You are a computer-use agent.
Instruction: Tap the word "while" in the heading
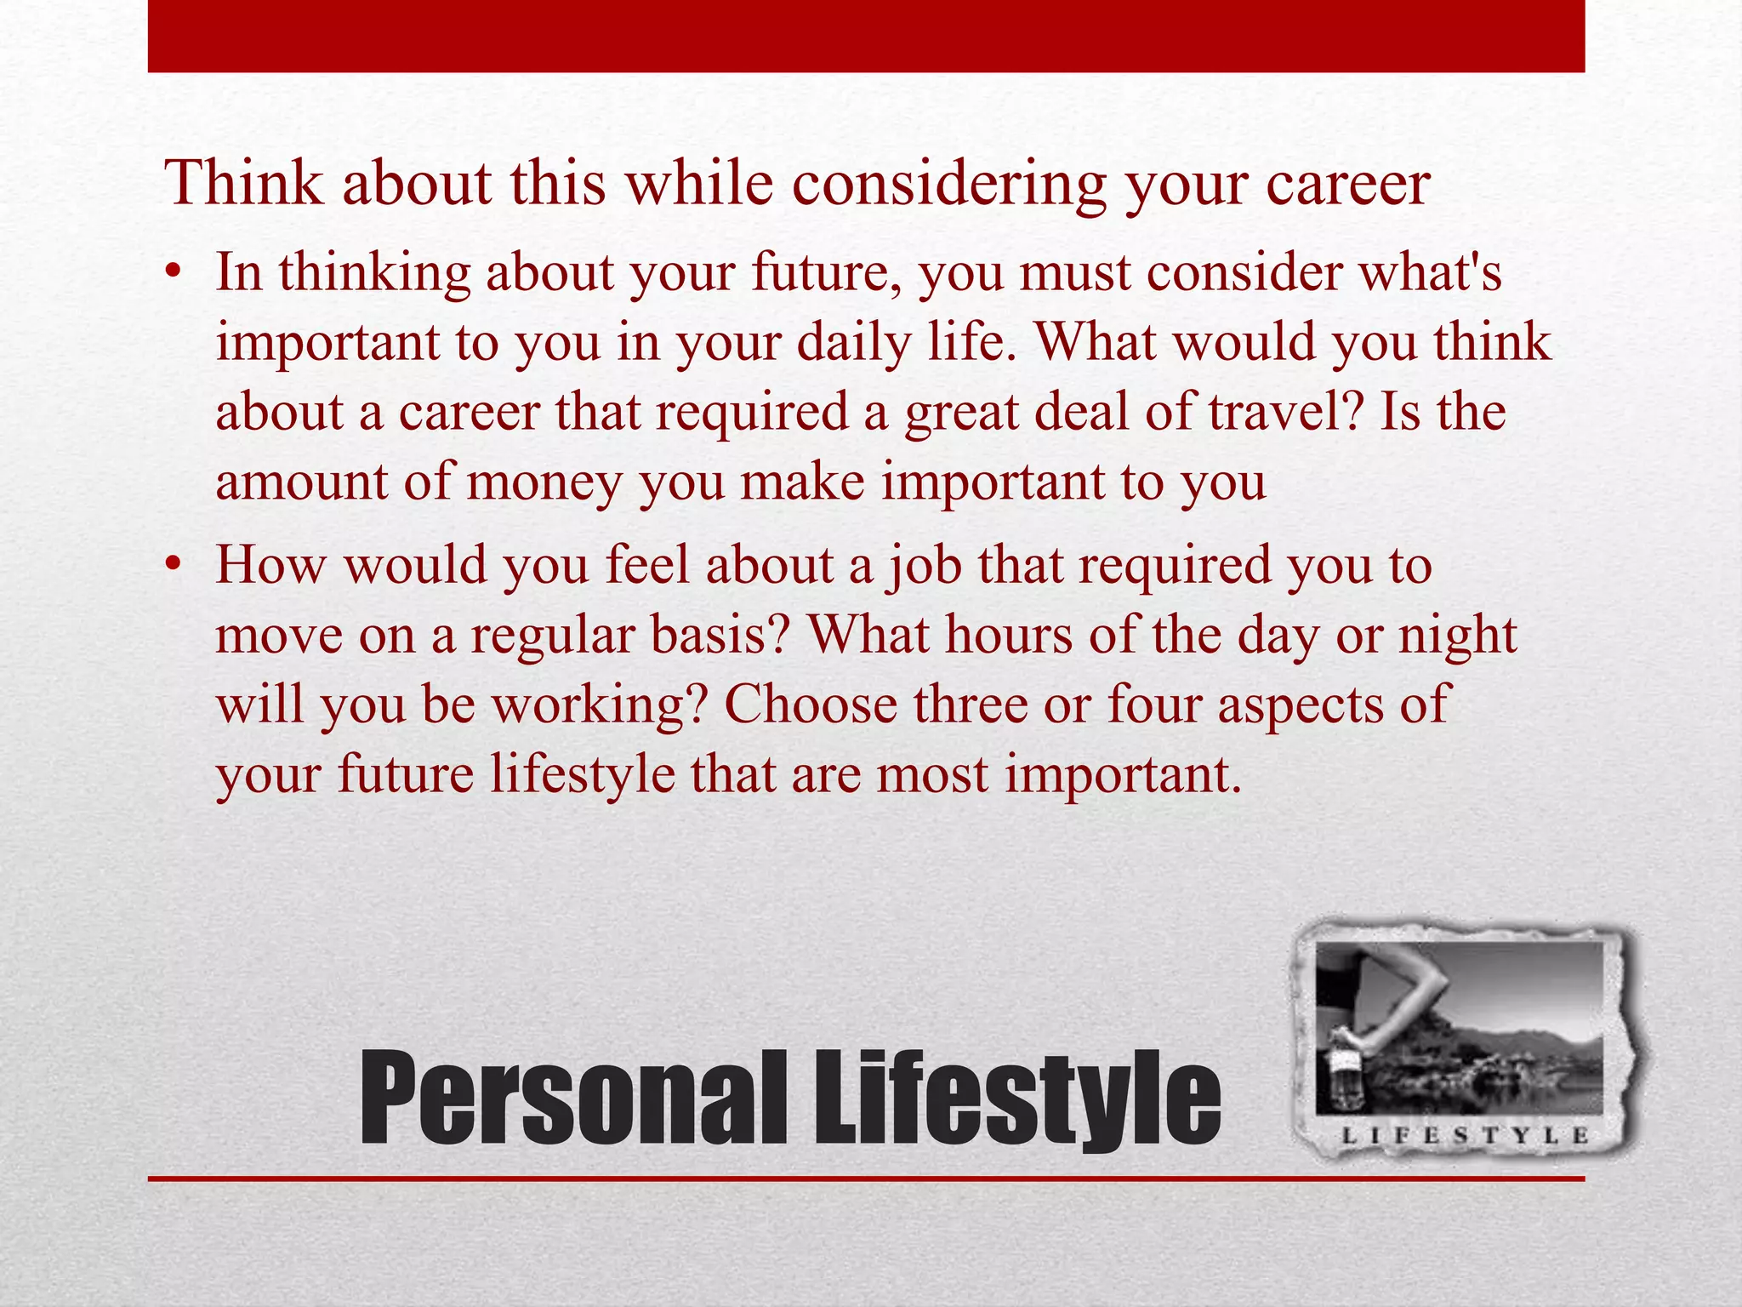[x=699, y=184]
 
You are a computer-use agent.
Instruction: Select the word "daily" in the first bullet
[x=857, y=342]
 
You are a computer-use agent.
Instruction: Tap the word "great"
[x=962, y=412]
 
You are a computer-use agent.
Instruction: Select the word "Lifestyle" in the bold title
[x=1017, y=1098]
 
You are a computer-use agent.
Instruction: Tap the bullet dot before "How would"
[x=174, y=565]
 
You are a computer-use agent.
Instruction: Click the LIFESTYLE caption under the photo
[x=1465, y=1135]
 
